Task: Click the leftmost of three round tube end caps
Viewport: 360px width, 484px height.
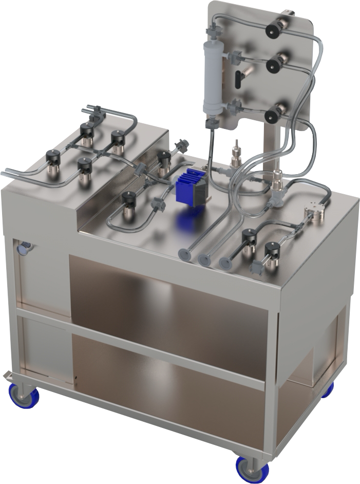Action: click(184, 254)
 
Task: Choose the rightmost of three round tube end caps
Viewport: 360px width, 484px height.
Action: click(225, 263)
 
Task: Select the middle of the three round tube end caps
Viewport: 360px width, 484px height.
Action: click(204, 258)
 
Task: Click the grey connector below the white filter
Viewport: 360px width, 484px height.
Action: click(211, 124)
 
